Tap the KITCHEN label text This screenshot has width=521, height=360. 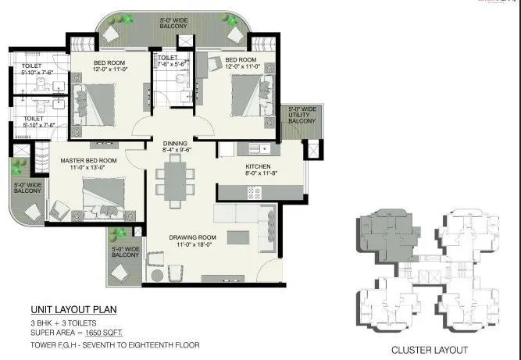pos(259,166)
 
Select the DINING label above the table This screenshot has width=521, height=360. pos(175,144)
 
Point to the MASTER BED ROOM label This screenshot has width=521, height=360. pos(88,161)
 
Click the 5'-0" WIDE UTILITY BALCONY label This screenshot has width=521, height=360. pos(304,115)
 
